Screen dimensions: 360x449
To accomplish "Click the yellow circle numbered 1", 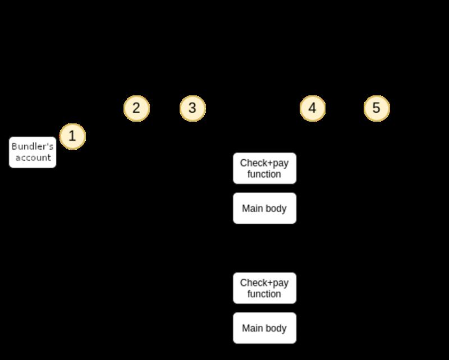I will pyautogui.click(x=72, y=136).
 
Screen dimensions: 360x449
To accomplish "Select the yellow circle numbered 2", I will pyautogui.click(x=136, y=108).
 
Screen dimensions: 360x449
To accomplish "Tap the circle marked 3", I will pyautogui.click(x=193, y=108).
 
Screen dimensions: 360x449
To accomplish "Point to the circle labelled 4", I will pyautogui.click(x=313, y=108).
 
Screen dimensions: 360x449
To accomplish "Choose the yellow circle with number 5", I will pyautogui.click(x=377, y=108).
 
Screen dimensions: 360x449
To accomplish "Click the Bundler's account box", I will pyautogui.click(x=33, y=152).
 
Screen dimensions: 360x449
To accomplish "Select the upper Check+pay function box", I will pyautogui.click(x=264, y=168).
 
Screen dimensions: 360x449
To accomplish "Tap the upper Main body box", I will pyautogui.click(x=264, y=209).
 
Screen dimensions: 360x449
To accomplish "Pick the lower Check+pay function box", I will pyautogui.click(x=264, y=288).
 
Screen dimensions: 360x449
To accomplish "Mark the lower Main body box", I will pyautogui.click(x=264, y=329).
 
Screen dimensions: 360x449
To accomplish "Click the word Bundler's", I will pyautogui.click(x=33, y=146).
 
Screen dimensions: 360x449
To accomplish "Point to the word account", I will pyautogui.click(x=33, y=158).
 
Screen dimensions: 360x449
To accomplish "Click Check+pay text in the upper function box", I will pyautogui.click(x=264, y=163).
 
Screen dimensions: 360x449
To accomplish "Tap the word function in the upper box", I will pyautogui.click(x=264, y=174).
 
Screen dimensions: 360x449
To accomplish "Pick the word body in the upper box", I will pyautogui.click(x=276, y=209).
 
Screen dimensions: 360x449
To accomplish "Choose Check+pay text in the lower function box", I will pyautogui.click(x=264, y=283).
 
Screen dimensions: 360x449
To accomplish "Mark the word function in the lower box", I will pyautogui.click(x=264, y=294).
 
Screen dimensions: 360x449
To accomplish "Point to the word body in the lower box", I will pyautogui.click(x=276, y=329).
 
